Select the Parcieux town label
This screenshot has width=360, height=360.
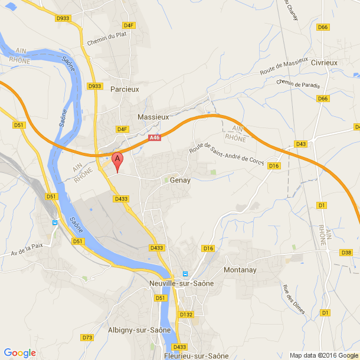125,89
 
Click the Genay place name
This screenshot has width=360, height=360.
180,180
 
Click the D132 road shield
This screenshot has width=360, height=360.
186,315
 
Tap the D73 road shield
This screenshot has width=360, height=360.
87,338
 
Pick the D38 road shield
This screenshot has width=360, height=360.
346,253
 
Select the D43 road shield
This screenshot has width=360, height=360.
301,144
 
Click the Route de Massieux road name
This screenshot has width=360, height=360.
284,66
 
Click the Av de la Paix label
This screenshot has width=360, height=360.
28,250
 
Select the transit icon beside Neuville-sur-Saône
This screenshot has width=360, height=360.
185,274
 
